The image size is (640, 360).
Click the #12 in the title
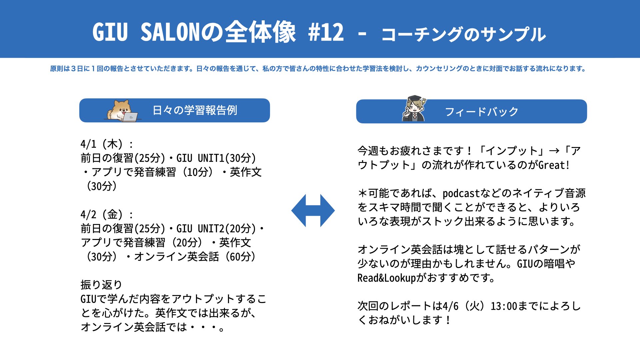point(326,32)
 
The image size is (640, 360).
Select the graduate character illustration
point(414,108)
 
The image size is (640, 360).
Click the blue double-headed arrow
point(313,211)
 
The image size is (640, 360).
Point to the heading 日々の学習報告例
point(195,110)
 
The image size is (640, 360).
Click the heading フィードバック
point(482,112)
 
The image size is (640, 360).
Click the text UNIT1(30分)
point(227,158)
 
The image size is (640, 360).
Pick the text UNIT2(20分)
point(227,229)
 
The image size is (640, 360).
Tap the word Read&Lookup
point(387,278)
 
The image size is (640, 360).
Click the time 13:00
point(504,306)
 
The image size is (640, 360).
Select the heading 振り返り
point(101,285)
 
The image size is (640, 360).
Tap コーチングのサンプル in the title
point(464,34)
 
